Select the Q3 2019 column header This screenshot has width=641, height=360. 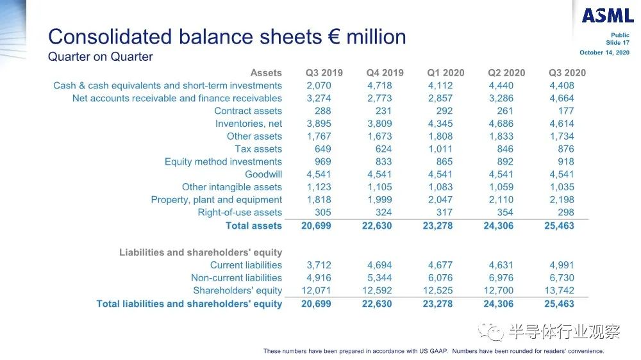[324, 73]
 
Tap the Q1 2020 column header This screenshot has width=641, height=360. [445, 73]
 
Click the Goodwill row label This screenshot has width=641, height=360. [263, 174]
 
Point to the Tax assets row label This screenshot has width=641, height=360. [258, 149]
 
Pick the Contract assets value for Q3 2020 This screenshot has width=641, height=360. [566, 111]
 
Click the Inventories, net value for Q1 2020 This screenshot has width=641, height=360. [440, 124]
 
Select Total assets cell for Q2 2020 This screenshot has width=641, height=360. [498, 226]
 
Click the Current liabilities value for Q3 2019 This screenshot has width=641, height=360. [319, 265]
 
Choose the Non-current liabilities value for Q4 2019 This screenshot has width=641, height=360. [379, 278]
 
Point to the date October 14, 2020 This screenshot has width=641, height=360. [604, 53]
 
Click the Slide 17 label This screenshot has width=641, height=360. [618, 42]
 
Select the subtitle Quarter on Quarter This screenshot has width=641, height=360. [101, 57]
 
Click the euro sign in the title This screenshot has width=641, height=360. [334, 37]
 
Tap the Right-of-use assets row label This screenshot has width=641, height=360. [240, 213]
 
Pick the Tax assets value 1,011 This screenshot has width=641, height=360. [440, 149]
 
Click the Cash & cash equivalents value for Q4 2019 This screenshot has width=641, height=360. [379, 86]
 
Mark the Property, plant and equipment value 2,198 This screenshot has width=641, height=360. [562, 200]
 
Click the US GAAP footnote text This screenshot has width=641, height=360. [433, 351]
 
